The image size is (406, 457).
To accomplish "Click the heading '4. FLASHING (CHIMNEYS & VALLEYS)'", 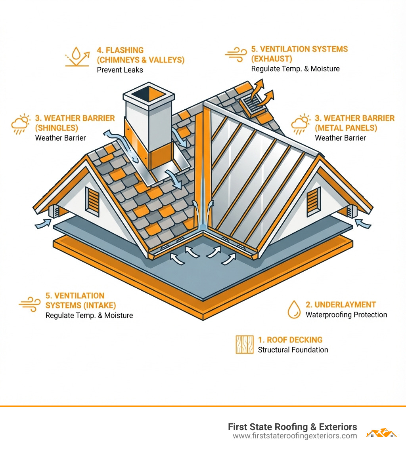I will point(140,55).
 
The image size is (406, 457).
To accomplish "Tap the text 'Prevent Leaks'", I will point(120,70).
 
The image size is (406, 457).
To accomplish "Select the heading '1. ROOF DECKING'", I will point(290,340).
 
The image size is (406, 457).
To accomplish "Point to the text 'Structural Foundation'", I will point(293,350).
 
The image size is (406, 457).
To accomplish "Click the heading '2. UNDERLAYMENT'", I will point(341,305).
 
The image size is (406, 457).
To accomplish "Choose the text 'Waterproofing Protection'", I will point(346,315).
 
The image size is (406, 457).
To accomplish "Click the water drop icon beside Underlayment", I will point(294,309).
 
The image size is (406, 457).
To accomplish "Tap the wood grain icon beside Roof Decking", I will point(244,345).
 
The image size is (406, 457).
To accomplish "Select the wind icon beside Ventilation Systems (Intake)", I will point(30,304).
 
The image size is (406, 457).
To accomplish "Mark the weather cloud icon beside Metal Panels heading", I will point(301,124).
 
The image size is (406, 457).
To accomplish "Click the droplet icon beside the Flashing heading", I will point(77,58).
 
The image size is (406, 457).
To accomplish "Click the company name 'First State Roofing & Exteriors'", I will point(292,427).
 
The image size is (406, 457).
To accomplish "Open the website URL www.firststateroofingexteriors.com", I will point(295,436).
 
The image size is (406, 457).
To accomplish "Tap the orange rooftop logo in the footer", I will point(381,432).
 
